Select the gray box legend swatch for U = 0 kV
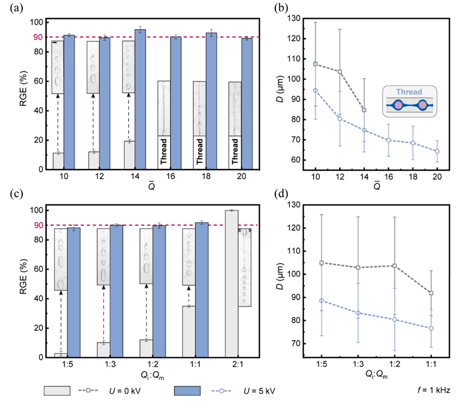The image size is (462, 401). (57, 390)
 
